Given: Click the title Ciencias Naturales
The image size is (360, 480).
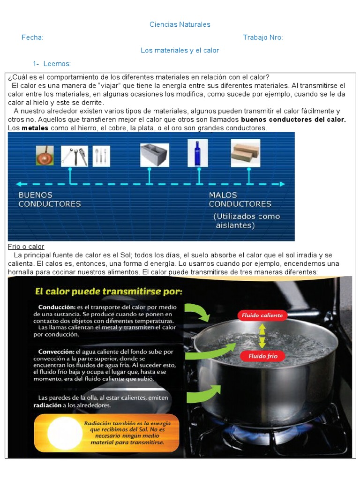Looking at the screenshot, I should pyautogui.click(x=180, y=24).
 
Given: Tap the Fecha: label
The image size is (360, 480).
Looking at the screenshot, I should pyautogui.click(x=32, y=37).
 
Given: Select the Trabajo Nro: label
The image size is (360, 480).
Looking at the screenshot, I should pyautogui.click(x=262, y=37).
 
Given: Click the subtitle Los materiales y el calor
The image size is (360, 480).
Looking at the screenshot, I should pyautogui.click(x=180, y=50).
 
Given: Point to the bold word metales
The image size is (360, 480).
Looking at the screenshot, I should pyautogui.click(x=35, y=128).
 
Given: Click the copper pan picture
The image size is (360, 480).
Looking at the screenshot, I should pyautogui.click(x=45, y=155).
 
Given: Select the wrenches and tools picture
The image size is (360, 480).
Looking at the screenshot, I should pyautogui.click(x=75, y=156).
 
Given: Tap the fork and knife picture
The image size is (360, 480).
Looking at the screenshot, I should pyautogui.click(x=101, y=156).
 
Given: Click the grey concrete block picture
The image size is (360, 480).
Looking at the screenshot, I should pyautogui.click(x=154, y=155).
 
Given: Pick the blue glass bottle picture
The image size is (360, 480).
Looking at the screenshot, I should pyautogui.click(x=197, y=153).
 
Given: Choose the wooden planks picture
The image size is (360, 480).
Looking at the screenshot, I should pyautogui.click(x=245, y=153).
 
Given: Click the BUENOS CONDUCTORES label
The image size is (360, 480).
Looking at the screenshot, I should pyautogui.click(x=49, y=199).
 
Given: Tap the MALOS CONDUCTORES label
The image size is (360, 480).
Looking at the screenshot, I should pyautogui.click(x=240, y=199).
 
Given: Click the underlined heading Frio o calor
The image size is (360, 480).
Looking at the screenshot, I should pyautogui.click(x=26, y=247).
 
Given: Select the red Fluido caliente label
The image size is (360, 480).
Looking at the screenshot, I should pyautogui.click(x=262, y=315).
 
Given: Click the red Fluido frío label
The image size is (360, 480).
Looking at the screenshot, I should pyautogui.click(x=262, y=356).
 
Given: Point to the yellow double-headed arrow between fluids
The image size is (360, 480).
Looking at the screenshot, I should pyautogui.click(x=262, y=336).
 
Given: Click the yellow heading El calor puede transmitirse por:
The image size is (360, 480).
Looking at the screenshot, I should pyautogui.click(x=109, y=292).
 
